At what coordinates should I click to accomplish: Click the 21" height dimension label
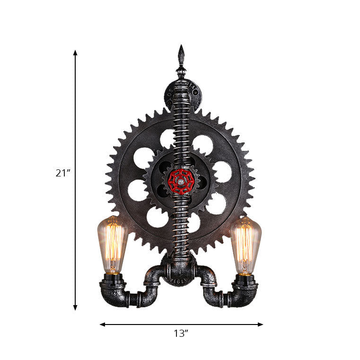coord(62,173)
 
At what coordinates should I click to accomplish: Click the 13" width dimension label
coord(181,334)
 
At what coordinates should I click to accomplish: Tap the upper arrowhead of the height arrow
coord(75,53)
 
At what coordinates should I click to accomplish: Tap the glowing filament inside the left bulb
coord(113,248)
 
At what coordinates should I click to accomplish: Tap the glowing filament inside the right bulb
coord(245,248)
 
